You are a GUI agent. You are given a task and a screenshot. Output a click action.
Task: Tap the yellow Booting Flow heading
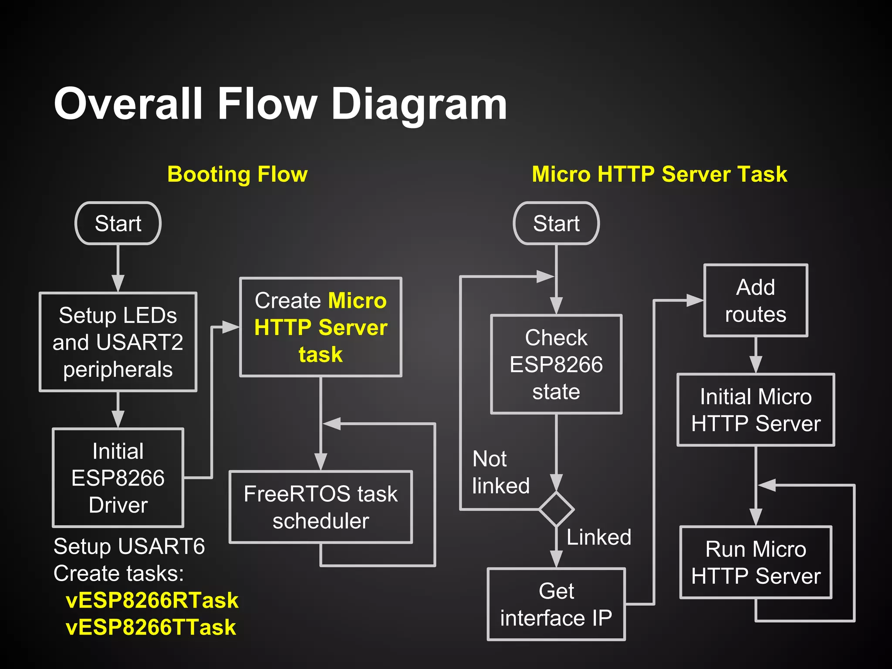[237, 174]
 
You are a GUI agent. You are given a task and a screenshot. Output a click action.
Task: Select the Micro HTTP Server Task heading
[659, 174]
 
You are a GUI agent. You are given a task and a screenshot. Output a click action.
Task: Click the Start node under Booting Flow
[118, 223]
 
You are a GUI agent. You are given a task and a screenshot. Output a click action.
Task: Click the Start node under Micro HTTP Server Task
[556, 223]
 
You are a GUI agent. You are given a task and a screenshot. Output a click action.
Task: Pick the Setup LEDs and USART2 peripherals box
[118, 342]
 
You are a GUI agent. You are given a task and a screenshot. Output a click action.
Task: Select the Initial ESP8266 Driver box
[118, 478]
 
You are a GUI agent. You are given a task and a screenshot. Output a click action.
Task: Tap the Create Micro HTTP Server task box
[321, 327]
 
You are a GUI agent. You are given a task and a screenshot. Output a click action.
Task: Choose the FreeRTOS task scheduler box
[321, 507]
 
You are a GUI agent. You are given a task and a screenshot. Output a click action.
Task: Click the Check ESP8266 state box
[556, 364]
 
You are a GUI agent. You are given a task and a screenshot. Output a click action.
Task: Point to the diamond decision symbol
[556, 509]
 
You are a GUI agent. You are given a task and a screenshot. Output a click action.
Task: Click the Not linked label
[500, 472]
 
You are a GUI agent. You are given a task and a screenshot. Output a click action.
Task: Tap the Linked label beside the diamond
[599, 537]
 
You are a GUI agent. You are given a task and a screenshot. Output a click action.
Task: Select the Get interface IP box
[556, 604]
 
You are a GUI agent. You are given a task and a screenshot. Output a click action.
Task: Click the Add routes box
[756, 301]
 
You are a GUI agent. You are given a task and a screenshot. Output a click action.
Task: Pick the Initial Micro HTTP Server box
[756, 410]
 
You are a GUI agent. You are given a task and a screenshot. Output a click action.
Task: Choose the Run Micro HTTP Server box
[756, 562]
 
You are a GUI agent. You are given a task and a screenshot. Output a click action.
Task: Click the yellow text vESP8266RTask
[152, 600]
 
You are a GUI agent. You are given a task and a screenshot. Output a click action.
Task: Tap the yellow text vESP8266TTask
[151, 627]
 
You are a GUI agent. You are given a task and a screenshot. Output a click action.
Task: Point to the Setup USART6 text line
[129, 546]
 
